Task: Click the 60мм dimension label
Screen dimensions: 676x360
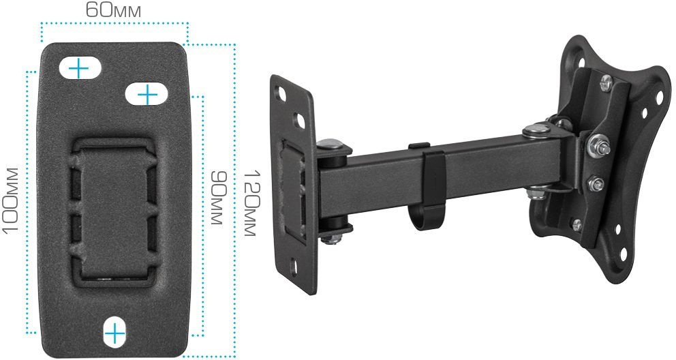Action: pyautogui.click(x=113, y=10)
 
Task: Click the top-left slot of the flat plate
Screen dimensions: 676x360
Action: pyautogui.click(x=80, y=68)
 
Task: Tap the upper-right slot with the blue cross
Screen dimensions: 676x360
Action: pyautogui.click(x=147, y=94)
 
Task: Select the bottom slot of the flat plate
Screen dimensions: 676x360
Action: pyautogui.click(x=114, y=333)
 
